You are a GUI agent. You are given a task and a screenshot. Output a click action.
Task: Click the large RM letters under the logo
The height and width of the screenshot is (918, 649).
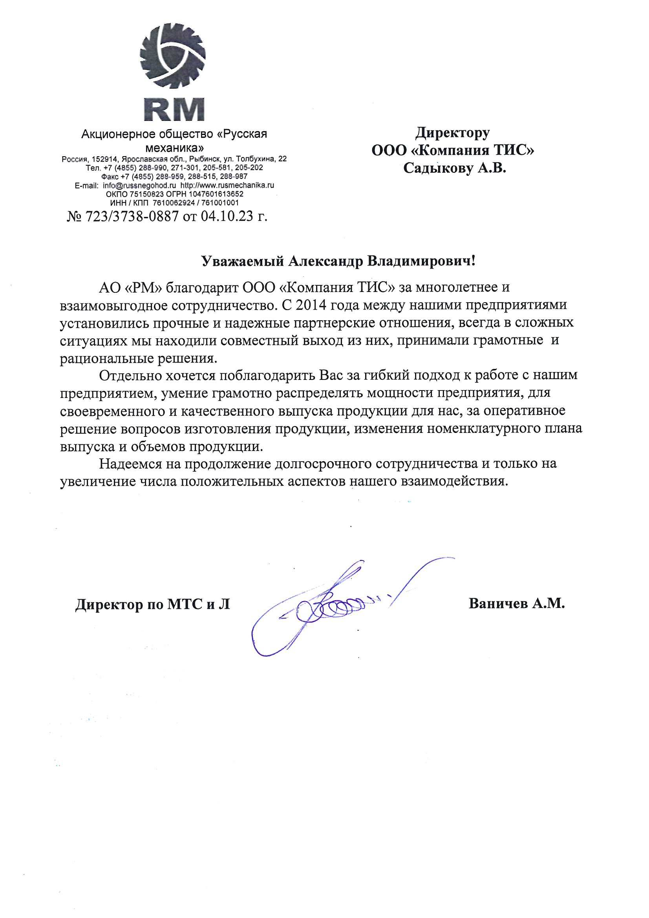174,109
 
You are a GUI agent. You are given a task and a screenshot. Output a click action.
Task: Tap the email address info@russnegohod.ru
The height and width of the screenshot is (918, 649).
139,186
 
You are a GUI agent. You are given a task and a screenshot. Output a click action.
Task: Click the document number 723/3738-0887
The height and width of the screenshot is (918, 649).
132,216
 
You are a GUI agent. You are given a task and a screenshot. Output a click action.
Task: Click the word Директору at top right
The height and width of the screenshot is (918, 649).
452,132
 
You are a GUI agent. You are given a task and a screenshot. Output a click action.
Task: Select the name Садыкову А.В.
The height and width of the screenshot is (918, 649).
455,168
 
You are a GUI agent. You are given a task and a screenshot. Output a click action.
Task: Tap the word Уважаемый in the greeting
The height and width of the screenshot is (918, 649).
242,261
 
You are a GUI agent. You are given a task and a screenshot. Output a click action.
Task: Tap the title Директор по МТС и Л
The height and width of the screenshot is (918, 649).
152,604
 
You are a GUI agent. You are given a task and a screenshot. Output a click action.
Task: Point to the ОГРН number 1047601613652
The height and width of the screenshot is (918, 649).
216,194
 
